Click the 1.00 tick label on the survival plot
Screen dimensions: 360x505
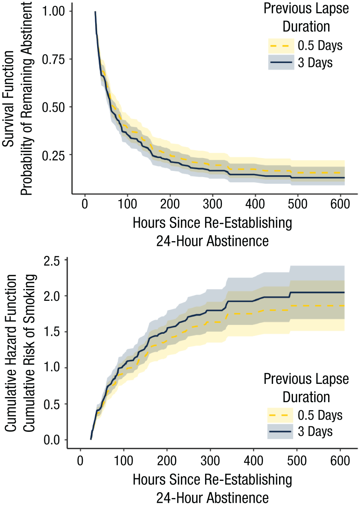click(53, 11)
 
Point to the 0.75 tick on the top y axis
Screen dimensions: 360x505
click(53, 59)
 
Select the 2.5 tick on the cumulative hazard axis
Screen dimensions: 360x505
click(52, 262)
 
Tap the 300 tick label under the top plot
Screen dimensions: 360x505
click(212, 204)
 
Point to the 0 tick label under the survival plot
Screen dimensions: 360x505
click(85, 204)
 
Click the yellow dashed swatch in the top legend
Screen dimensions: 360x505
click(281, 46)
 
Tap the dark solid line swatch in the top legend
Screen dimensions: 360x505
click(281, 62)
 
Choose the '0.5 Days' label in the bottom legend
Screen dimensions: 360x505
click(320, 415)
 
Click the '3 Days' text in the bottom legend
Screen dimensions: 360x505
click(315, 431)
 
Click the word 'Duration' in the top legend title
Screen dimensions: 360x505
click(306, 27)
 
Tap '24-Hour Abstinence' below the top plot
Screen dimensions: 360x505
click(212, 241)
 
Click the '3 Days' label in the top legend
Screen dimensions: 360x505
click(315, 63)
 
